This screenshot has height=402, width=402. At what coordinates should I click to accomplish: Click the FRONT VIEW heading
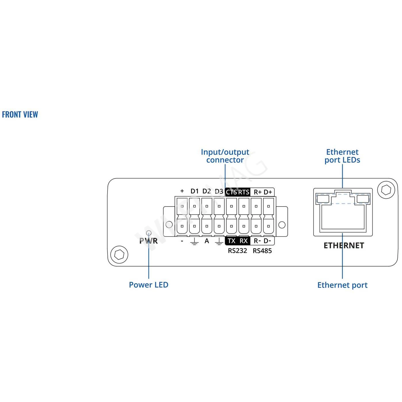click(x=20, y=114)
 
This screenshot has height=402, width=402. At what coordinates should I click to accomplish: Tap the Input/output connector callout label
click(x=225, y=156)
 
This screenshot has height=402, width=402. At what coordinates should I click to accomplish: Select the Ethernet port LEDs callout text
click(x=342, y=156)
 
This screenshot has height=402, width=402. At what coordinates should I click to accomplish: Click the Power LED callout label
click(x=148, y=285)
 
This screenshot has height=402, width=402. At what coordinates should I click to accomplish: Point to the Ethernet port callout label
click(x=342, y=285)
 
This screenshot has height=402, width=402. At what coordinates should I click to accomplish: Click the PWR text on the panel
click(x=148, y=241)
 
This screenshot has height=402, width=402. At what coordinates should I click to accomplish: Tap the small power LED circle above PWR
click(x=149, y=233)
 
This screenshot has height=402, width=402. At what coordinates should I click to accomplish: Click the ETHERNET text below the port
click(x=344, y=246)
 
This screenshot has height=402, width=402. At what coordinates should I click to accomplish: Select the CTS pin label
click(x=231, y=192)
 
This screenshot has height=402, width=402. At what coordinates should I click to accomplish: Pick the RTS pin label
click(x=244, y=192)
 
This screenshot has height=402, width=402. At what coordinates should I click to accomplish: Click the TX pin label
click(x=231, y=241)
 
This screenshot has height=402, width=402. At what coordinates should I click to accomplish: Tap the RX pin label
click(x=244, y=241)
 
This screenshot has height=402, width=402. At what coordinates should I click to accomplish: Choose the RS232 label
click(x=237, y=251)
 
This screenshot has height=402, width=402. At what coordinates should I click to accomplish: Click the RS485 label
click(x=262, y=251)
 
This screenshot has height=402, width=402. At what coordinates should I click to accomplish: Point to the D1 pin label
click(x=194, y=191)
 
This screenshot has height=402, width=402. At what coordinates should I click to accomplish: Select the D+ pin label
click(x=268, y=192)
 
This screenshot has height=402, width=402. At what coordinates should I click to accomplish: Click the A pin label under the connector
click(x=207, y=241)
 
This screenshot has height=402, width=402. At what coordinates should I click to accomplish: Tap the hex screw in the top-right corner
click(x=386, y=190)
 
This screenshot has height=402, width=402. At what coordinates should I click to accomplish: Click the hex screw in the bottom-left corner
click(x=119, y=254)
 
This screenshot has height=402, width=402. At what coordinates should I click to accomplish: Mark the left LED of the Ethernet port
click(x=323, y=199)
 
